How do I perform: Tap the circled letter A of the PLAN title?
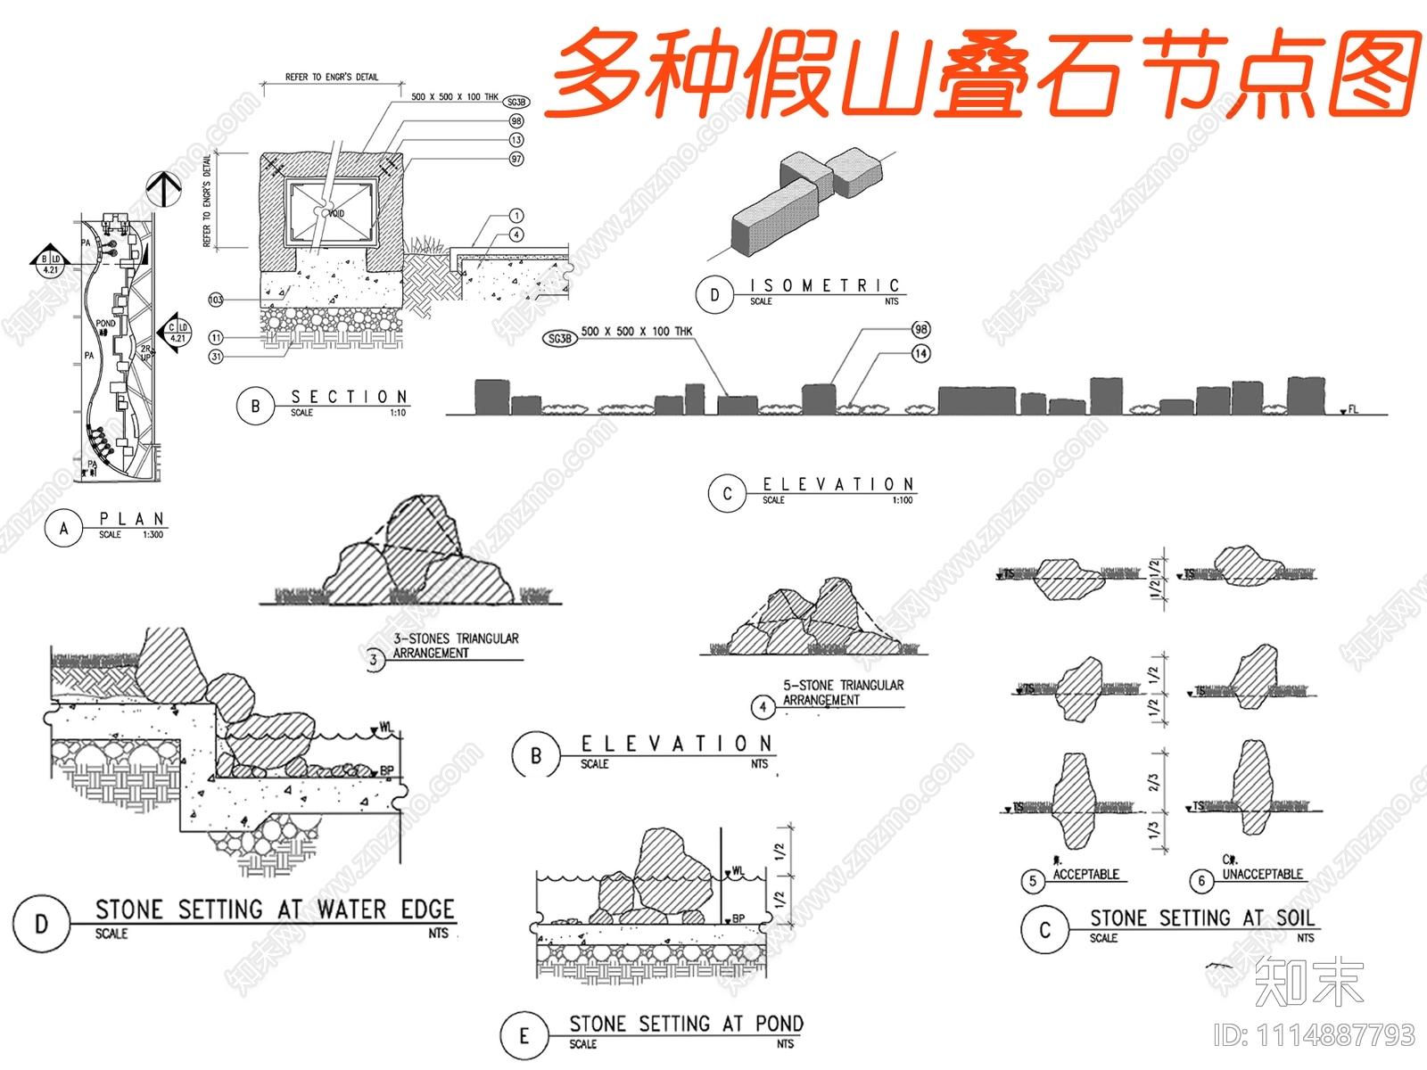63,528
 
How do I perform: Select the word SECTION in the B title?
349,397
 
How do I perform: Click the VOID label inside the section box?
336,214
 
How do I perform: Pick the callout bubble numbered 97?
516,159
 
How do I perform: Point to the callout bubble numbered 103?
216,300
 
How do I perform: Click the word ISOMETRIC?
824,285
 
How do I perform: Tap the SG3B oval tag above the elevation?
559,338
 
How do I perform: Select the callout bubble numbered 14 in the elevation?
920,353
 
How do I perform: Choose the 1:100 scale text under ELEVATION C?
902,500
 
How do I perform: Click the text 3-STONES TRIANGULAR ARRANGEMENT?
456,646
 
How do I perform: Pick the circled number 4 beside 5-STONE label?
763,707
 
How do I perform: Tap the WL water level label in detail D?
384,728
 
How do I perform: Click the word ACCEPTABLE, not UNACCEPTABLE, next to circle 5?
1085,875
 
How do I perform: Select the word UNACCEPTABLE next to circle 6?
1262,875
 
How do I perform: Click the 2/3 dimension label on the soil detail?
1153,783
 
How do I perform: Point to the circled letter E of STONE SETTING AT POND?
524,1035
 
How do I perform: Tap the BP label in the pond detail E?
738,918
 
